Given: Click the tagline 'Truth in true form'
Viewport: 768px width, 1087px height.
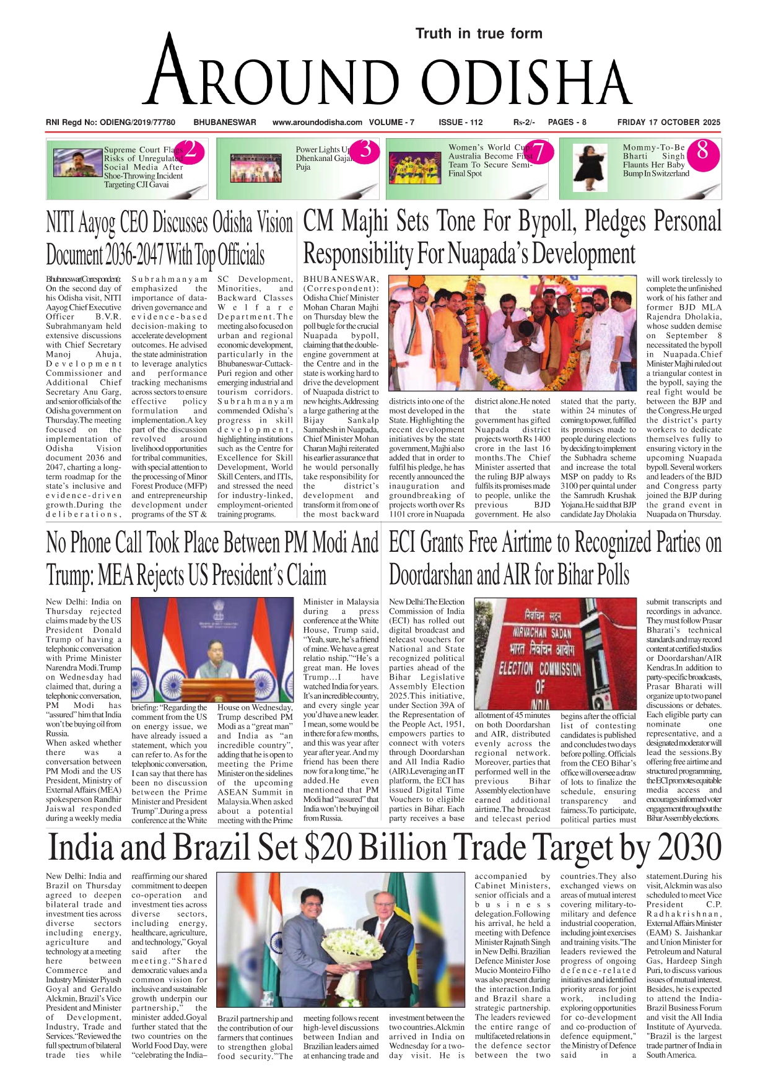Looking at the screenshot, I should point(479,33).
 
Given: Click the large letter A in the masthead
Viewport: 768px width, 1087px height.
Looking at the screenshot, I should point(168,71).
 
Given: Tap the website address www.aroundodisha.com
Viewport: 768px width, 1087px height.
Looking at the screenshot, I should point(317,122).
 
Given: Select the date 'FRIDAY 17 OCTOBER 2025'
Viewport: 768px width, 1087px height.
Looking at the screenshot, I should point(669,122).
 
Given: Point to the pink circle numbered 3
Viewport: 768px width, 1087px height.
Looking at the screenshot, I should point(366,151).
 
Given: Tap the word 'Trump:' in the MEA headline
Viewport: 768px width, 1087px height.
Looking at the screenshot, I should point(69,575).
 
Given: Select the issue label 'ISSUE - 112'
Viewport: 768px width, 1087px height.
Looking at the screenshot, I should point(460,122).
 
